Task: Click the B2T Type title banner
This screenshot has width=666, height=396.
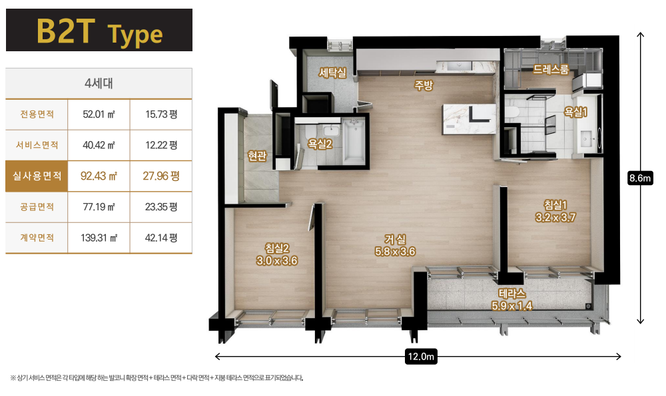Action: click(x=99, y=30)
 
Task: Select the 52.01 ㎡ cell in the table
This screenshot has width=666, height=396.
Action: click(x=99, y=114)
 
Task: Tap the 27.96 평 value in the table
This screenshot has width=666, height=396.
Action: click(x=161, y=176)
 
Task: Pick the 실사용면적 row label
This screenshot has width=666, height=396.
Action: click(x=37, y=176)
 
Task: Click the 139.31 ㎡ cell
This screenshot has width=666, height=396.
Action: click(x=99, y=238)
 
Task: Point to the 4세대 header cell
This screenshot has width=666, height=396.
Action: click(x=99, y=83)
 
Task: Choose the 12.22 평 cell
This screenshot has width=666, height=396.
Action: click(x=161, y=145)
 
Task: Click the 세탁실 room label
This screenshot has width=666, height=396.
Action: click(x=332, y=73)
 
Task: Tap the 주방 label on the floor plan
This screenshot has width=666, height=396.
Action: click(x=424, y=85)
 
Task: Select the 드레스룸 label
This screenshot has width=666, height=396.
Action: click(x=551, y=69)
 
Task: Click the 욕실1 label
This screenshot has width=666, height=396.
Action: click(x=575, y=112)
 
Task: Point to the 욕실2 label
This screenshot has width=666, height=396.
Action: click(x=320, y=144)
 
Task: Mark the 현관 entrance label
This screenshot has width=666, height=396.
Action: click(x=257, y=156)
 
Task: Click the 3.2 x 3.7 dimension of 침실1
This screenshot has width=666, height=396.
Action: click(x=555, y=218)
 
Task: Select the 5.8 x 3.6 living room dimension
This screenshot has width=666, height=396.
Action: click(x=395, y=252)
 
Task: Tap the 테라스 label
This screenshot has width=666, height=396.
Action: click(x=511, y=294)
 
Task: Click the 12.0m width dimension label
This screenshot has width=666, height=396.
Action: click(x=421, y=357)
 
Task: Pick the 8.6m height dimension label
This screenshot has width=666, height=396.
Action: click(x=640, y=178)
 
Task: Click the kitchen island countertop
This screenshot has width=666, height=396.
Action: click(x=469, y=119)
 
